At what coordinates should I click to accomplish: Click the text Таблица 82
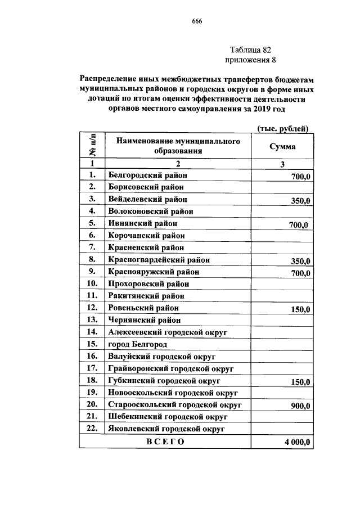pyautogui.click(x=250, y=49)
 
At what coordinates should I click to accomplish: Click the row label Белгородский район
pyautogui.click(x=145, y=175)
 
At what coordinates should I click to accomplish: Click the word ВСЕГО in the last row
pyautogui.click(x=165, y=442)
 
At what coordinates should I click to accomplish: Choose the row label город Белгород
pyautogui.click(x=138, y=344)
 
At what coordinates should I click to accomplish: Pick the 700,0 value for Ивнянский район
pyautogui.click(x=298, y=225)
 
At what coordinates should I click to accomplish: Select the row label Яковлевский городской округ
pyautogui.click(x=167, y=429)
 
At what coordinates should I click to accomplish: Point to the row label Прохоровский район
pyautogui.click(x=148, y=283)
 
